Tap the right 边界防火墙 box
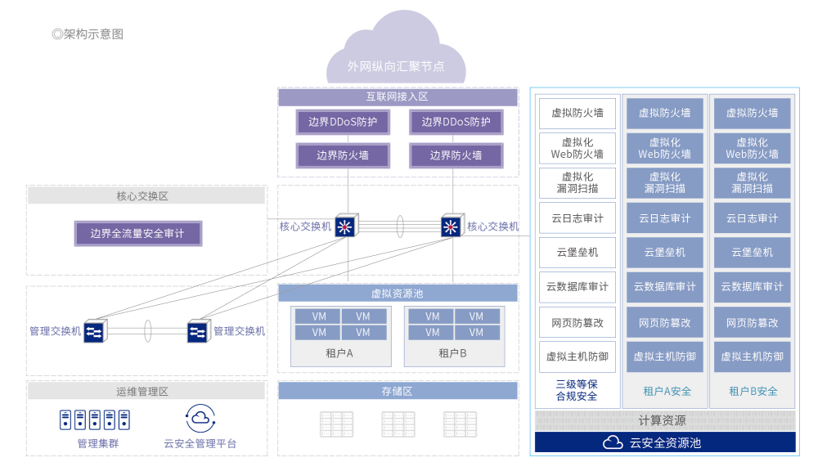coord(456,155)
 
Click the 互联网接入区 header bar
coord(398,97)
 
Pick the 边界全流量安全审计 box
coord(137,234)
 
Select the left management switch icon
coord(93,331)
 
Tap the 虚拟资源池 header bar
coord(398,293)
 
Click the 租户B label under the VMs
coord(452,353)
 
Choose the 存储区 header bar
coord(398,391)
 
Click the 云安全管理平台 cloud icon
coord(200,419)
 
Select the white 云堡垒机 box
coord(578,253)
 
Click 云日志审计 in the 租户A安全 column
coord(664,218)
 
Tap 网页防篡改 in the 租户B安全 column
coord(752,323)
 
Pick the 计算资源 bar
coord(664,421)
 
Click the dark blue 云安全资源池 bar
coord(664,442)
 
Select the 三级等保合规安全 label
coord(577,390)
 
